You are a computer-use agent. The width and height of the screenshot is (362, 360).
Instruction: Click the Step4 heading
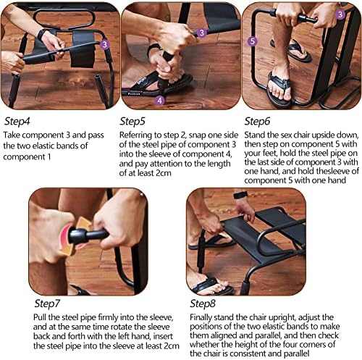pyautogui.click(x=17, y=121)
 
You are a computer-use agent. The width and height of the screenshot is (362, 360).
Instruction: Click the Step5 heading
pyautogui.click(x=132, y=121)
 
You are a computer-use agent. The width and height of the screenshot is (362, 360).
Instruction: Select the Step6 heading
pyautogui.click(x=257, y=121)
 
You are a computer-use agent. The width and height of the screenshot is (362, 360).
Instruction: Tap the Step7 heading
pyautogui.click(x=47, y=304)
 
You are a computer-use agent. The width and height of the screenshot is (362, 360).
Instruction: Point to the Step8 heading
pyautogui.click(x=203, y=304)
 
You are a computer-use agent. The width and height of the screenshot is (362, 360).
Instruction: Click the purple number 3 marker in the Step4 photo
pyautogui.click(x=104, y=44)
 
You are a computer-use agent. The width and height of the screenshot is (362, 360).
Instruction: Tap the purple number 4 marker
pyautogui.click(x=160, y=101)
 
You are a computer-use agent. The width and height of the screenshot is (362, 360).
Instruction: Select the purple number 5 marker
pyautogui.click(x=253, y=41)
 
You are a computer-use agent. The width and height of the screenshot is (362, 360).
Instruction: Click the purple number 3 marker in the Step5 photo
pyautogui.click(x=202, y=33)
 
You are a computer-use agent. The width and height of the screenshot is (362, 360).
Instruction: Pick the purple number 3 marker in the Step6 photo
pyautogui.click(x=340, y=14)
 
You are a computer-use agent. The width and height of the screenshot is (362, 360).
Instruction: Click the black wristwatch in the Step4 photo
pyautogui.click(x=41, y=34)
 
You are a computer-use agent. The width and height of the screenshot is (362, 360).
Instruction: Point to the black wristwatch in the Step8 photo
pyautogui.click(x=240, y=195)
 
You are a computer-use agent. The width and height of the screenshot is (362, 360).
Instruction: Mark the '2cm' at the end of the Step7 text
pyautogui.click(x=172, y=346)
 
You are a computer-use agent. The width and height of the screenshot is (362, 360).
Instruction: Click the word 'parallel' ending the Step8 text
pyautogui.click(x=296, y=353)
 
